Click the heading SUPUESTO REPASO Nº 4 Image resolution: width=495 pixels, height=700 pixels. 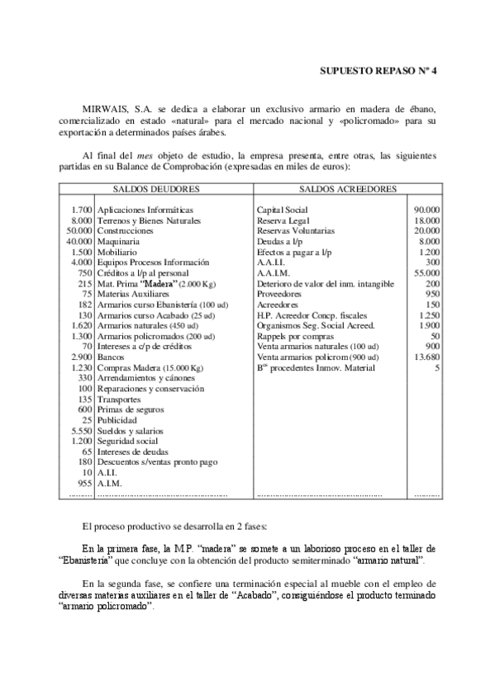(x=377, y=72)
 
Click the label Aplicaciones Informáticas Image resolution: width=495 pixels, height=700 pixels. (x=145, y=210)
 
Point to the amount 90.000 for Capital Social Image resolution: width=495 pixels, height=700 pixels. (x=426, y=210)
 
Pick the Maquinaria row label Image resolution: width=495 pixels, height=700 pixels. (x=118, y=242)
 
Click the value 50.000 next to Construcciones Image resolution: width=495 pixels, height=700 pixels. (x=79, y=231)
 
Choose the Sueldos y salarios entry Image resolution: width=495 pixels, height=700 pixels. (x=130, y=430)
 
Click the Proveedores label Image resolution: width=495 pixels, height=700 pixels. (x=281, y=294)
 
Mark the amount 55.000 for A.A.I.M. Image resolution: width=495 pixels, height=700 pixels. (x=426, y=273)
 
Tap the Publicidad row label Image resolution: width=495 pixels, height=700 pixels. (x=117, y=420)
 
